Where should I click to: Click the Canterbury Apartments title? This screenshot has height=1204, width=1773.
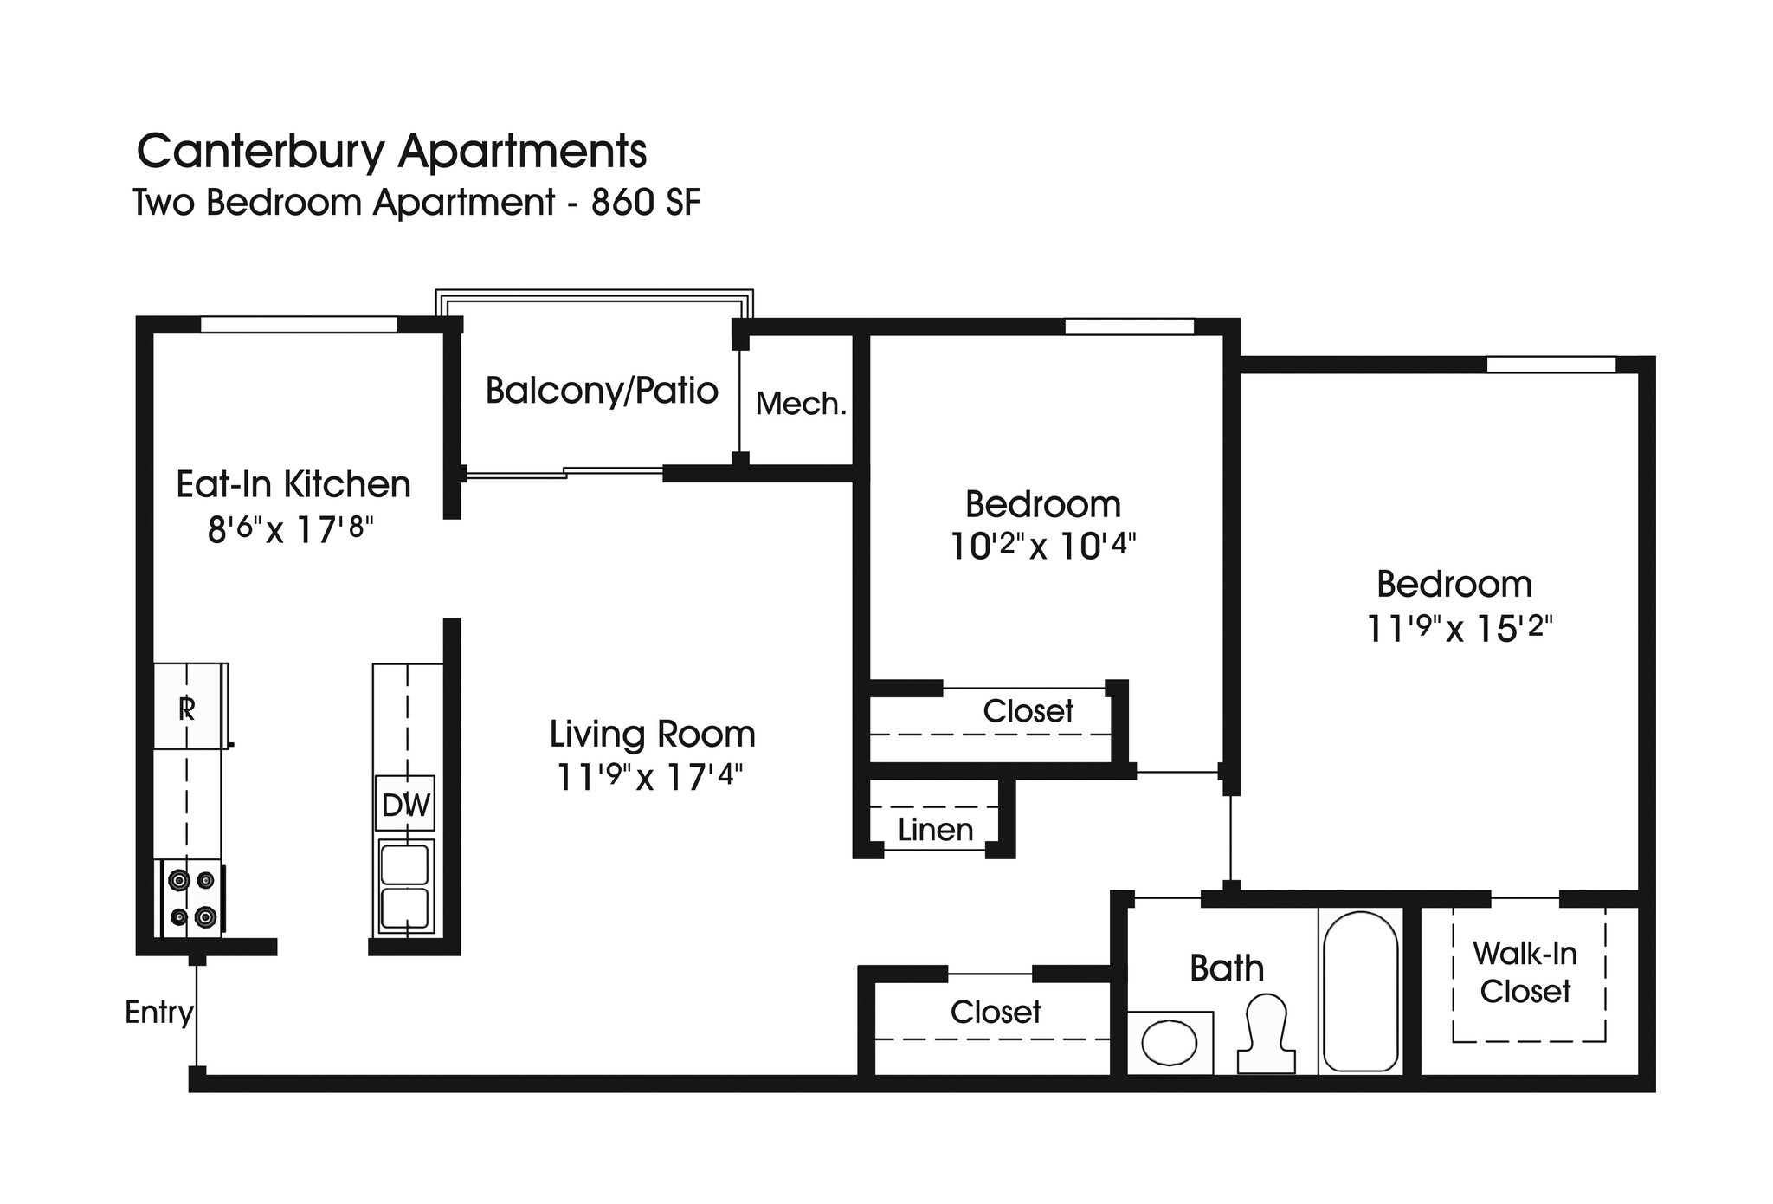coord(391,152)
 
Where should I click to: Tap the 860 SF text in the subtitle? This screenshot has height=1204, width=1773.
coord(645,203)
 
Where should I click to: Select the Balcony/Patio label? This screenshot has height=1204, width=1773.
coord(601,391)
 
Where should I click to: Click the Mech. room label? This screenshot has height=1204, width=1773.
coord(801,404)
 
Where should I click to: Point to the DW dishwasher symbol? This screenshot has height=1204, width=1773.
coord(405,805)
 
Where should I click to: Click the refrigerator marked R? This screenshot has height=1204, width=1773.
coord(188,708)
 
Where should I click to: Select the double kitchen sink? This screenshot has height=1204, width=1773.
coord(404,885)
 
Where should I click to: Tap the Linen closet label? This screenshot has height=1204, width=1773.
coord(935,830)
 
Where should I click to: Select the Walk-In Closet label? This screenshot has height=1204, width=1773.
coord(1525,972)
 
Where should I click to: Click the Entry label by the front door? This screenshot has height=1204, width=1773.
coord(158,1012)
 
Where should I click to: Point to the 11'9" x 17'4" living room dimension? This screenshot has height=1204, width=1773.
coord(649,777)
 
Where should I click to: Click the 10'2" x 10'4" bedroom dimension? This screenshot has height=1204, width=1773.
coord(1042,547)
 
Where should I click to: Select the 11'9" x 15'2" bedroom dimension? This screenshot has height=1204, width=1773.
coord(1460,628)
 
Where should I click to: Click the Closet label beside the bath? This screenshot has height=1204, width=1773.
coord(995,1012)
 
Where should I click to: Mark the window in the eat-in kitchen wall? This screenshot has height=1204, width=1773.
coord(299,325)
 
